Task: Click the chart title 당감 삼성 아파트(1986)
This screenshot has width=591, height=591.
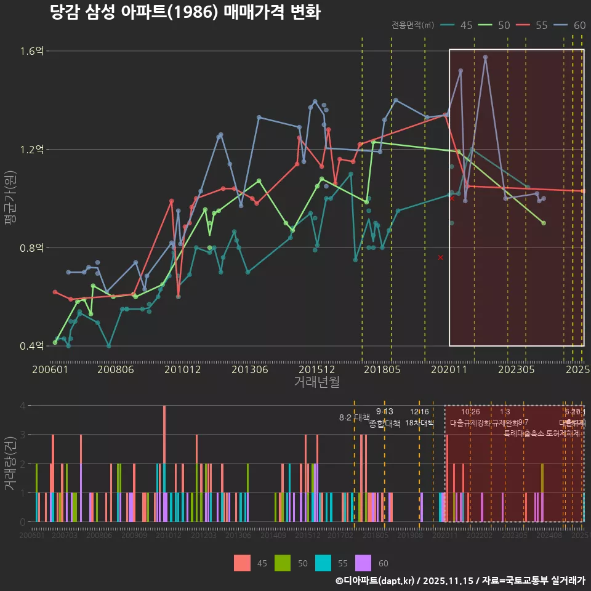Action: (185, 13)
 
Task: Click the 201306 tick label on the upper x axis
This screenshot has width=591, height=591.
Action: (250, 369)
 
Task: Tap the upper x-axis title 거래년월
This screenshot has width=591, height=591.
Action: (316, 382)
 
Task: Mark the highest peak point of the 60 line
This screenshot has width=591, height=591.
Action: (485, 57)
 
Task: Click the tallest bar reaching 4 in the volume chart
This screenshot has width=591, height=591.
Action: (164, 463)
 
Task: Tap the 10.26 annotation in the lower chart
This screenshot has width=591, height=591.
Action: (470, 412)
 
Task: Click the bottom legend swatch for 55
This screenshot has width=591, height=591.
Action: (323, 563)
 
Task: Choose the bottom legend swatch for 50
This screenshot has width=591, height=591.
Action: (283, 563)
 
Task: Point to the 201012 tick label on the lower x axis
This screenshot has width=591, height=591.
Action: (169, 536)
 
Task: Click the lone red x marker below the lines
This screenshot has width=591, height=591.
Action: (440, 257)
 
